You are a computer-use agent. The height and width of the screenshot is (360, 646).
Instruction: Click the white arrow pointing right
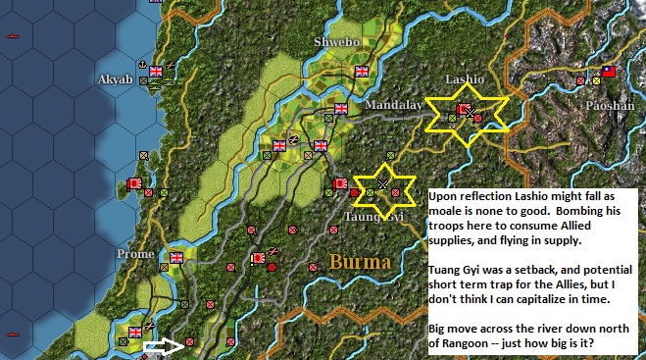(163, 344)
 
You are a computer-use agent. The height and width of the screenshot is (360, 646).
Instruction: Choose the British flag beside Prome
(176, 258)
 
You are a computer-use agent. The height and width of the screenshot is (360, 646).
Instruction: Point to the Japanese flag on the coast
(135, 183)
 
